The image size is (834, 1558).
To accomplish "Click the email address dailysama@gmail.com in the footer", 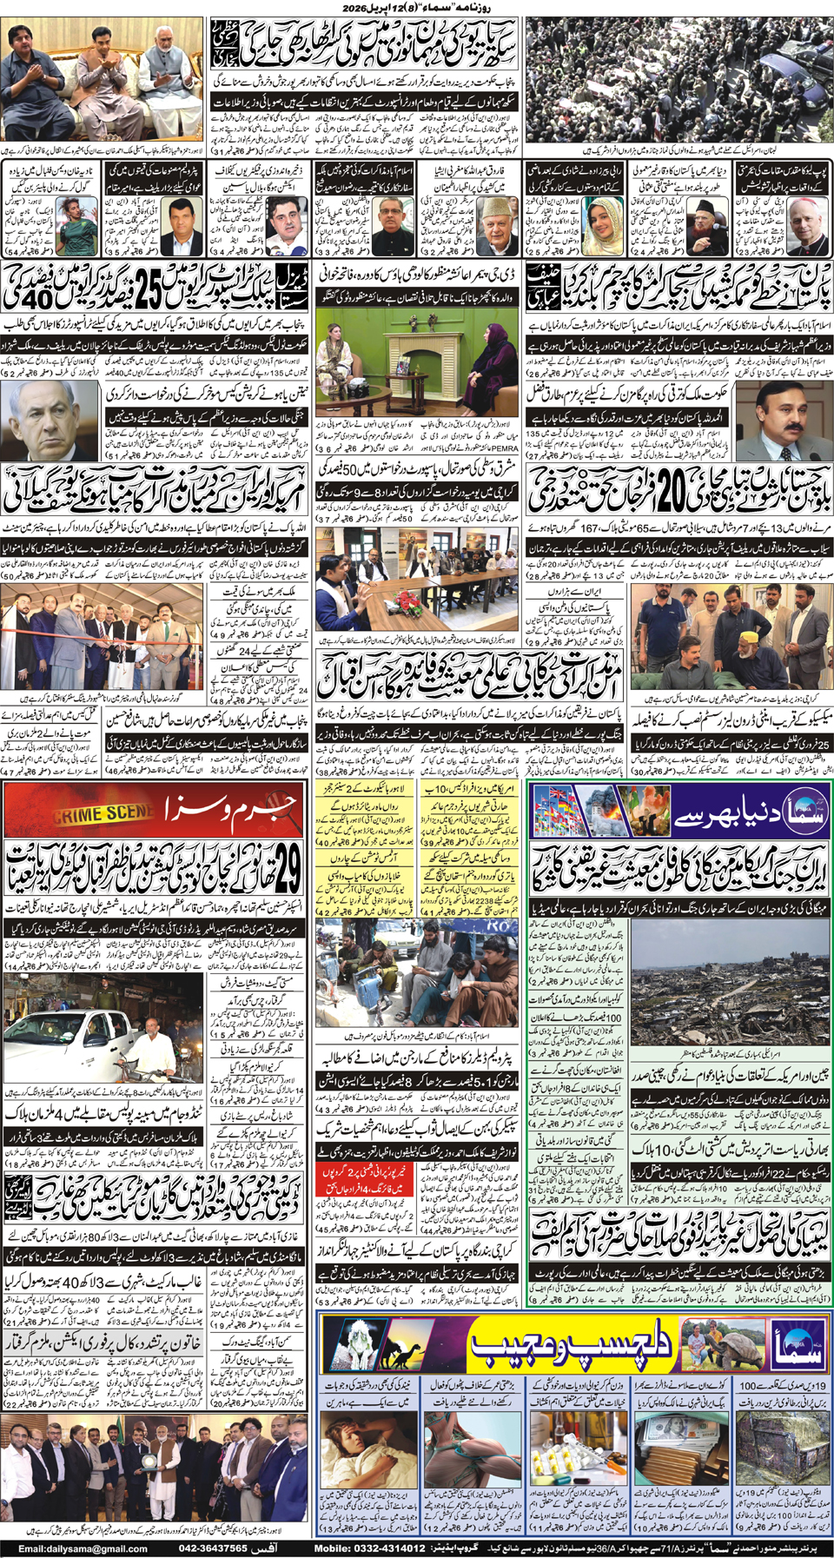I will coord(83,1548).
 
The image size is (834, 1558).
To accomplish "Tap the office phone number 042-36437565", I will coord(213,1548).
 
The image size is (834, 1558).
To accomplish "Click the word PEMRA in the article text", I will coord(506,449).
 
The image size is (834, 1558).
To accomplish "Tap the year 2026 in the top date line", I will coord(359,8).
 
